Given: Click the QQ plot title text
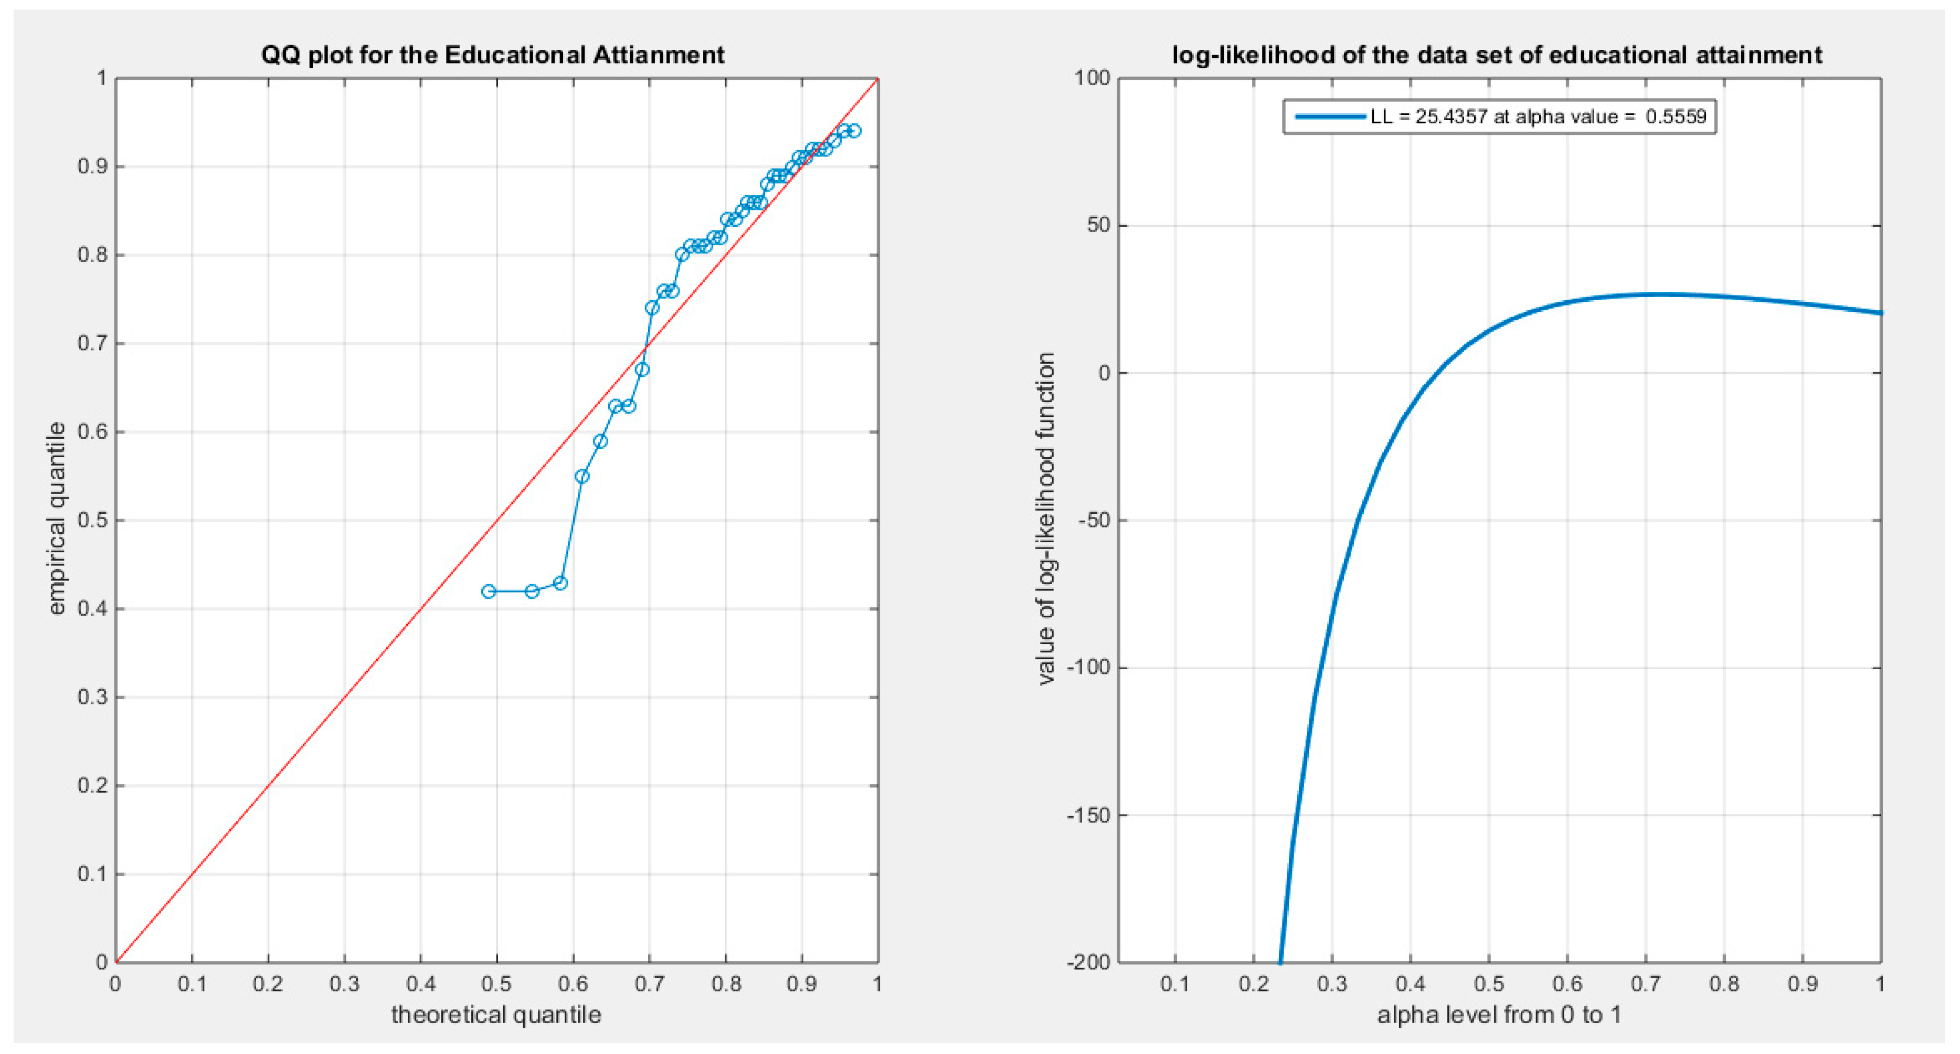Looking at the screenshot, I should point(492,55).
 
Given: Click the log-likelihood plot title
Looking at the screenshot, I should point(1497,55).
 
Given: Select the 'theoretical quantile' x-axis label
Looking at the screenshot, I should point(496,1015).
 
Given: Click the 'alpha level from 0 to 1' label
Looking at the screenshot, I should point(1499,1015).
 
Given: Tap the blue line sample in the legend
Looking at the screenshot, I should point(1330,117).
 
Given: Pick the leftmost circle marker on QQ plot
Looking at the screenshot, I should point(489,592).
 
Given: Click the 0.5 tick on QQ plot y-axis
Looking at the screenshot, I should point(92,521).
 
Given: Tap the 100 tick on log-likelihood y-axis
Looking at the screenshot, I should point(1092,78).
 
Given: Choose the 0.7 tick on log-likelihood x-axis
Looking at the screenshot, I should point(1646,984).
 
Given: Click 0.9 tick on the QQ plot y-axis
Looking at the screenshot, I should point(92,167).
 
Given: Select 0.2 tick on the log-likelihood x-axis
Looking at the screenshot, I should point(1253,984).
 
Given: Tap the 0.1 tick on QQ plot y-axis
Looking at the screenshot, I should point(92,873).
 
